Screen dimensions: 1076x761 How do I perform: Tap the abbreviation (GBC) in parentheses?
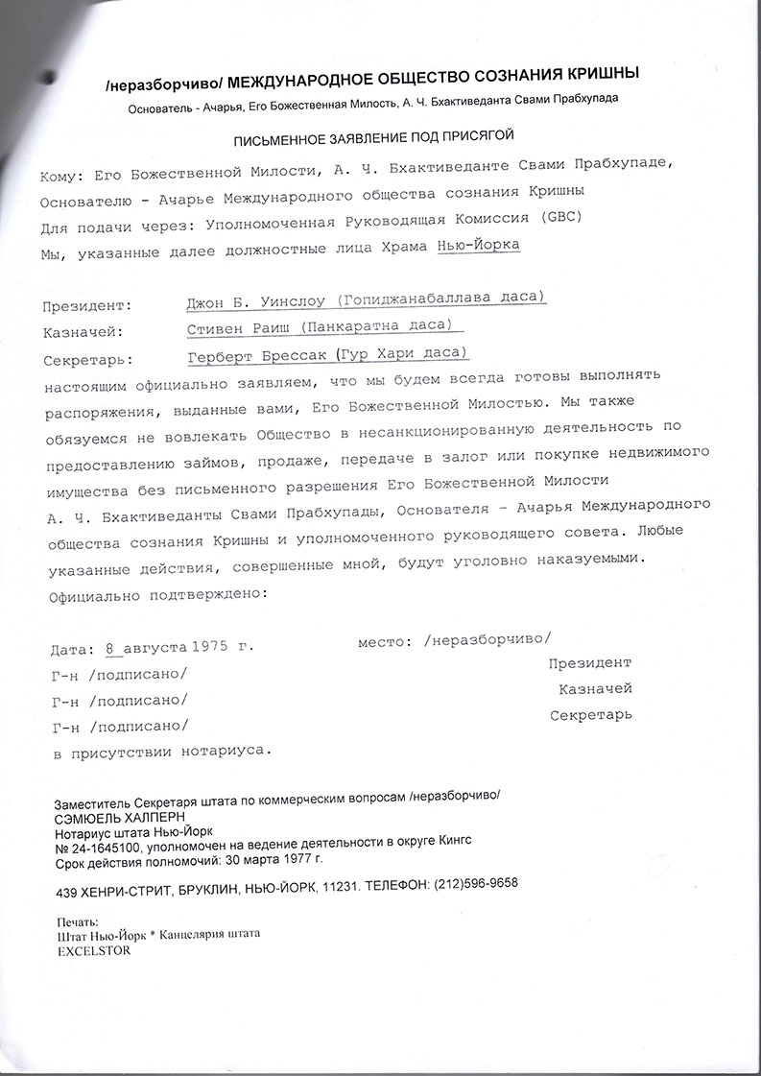click(558, 217)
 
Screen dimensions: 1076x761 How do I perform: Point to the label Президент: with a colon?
click(87, 308)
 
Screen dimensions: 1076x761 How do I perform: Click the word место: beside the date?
click(386, 639)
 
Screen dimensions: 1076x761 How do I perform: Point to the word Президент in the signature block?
click(589, 663)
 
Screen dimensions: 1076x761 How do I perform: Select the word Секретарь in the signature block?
click(590, 716)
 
